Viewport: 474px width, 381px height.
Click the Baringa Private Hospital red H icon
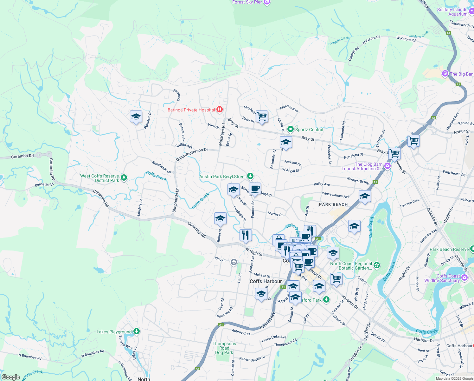click(x=219, y=110)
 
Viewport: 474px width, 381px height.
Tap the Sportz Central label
click(x=309, y=130)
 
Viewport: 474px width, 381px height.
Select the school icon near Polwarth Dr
click(x=136, y=117)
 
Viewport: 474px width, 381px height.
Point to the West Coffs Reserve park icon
click(x=124, y=177)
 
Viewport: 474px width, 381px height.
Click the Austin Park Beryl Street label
click(x=222, y=177)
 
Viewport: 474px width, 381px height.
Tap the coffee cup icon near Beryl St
click(x=255, y=189)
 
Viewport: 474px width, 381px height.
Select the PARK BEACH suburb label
click(x=333, y=204)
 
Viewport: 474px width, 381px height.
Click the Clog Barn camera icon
click(x=388, y=166)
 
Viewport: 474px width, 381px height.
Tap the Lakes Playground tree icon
click(x=137, y=331)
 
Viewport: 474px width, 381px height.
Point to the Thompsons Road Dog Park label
click(x=224, y=348)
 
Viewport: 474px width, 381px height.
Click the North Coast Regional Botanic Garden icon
click(x=377, y=265)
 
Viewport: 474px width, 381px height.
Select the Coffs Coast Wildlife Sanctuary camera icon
click(x=464, y=277)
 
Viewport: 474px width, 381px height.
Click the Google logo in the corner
click(x=10, y=377)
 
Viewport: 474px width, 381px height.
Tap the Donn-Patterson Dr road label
click(x=192, y=154)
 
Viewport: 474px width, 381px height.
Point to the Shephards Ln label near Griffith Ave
click(x=161, y=167)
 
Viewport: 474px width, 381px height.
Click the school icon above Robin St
click(x=220, y=219)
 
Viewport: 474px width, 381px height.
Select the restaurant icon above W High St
click(x=246, y=235)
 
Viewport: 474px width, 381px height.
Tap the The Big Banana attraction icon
click(x=445, y=74)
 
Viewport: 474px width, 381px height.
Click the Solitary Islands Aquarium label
click(x=452, y=12)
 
